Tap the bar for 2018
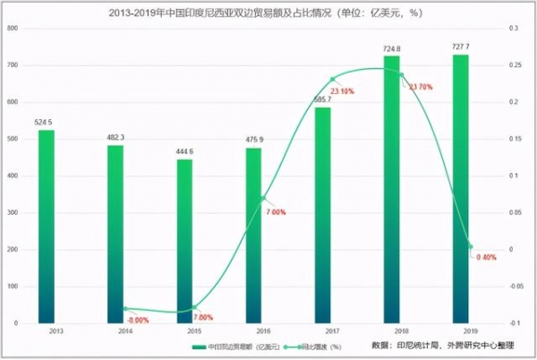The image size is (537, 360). (x=391, y=188)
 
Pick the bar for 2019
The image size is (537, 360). (x=460, y=188)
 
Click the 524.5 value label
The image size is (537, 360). (x=47, y=122)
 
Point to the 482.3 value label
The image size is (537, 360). (x=116, y=137)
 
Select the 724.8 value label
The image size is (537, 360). (x=391, y=48)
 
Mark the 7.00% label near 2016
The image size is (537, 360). (x=275, y=212)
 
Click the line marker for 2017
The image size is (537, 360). (x=332, y=80)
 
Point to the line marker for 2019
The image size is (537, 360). (x=470, y=246)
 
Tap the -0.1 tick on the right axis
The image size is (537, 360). (x=515, y=322)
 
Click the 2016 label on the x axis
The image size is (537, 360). (x=253, y=330)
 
